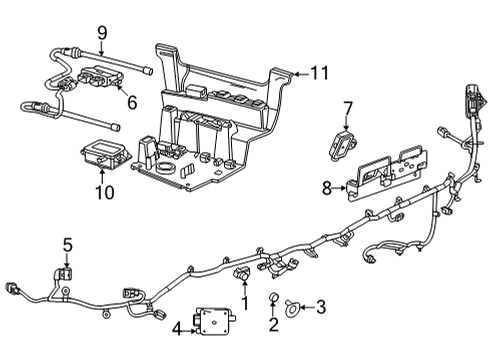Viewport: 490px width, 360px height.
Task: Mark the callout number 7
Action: pyautogui.click(x=347, y=108)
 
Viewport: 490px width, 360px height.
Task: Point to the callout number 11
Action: pyautogui.click(x=318, y=72)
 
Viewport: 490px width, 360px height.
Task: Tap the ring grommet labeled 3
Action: pyautogui.click(x=291, y=307)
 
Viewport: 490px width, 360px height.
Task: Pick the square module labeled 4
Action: pyautogui.click(x=213, y=320)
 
